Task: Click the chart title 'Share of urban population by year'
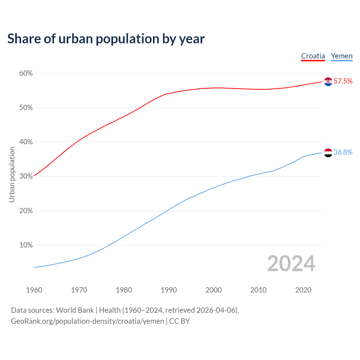pos(106,39)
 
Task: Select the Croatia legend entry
pos(313,56)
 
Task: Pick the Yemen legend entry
pos(341,56)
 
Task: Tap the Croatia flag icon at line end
pos(328,82)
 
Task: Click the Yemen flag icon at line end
pos(328,153)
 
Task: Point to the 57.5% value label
pos(343,81)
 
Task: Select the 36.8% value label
pos(343,152)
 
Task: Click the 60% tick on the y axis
pos(26,73)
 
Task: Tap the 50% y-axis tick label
pos(26,108)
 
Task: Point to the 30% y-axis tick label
pos(26,176)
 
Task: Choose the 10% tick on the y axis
pos(26,245)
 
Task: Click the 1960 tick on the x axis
pos(34,290)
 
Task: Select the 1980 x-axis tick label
pos(124,290)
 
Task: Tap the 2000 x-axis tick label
pos(213,290)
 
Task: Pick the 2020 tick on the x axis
pos(303,290)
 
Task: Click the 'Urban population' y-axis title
pos(12,174)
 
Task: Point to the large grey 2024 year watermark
pos(291,264)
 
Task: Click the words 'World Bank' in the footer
pos(75,310)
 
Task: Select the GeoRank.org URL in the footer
pos(87,321)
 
